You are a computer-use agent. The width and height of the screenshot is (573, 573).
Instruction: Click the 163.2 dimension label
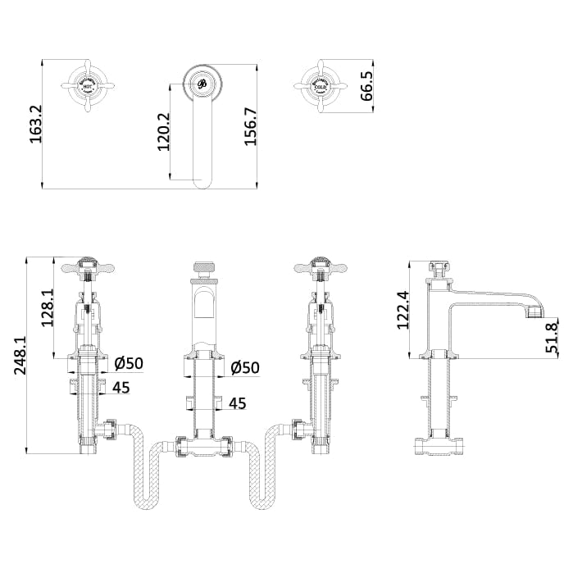click(x=34, y=124)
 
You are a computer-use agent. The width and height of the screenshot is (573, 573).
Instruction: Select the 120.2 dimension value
click(x=163, y=130)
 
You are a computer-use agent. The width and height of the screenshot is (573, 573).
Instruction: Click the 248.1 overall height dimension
click(x=20, y=354)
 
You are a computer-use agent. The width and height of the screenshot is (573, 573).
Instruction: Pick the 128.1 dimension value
click(x=48, y=307)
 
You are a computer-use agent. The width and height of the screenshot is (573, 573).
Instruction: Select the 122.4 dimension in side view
click(x=402, y=310)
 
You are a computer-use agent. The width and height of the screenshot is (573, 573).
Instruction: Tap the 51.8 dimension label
click(x=552, y=336)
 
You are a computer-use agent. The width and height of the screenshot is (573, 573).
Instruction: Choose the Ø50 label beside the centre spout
click(x=245, y=367)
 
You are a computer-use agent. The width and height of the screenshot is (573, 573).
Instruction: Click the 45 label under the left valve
click(x=121, y=388)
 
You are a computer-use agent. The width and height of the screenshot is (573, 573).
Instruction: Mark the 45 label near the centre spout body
click(x=237, y=402)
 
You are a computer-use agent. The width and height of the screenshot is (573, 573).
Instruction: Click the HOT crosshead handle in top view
click(x=88, y=84)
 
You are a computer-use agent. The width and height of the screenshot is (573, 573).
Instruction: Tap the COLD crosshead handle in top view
click(x=321, y=84)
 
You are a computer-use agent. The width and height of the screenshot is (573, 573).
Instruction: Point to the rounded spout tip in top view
click(x=203, y=180)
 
